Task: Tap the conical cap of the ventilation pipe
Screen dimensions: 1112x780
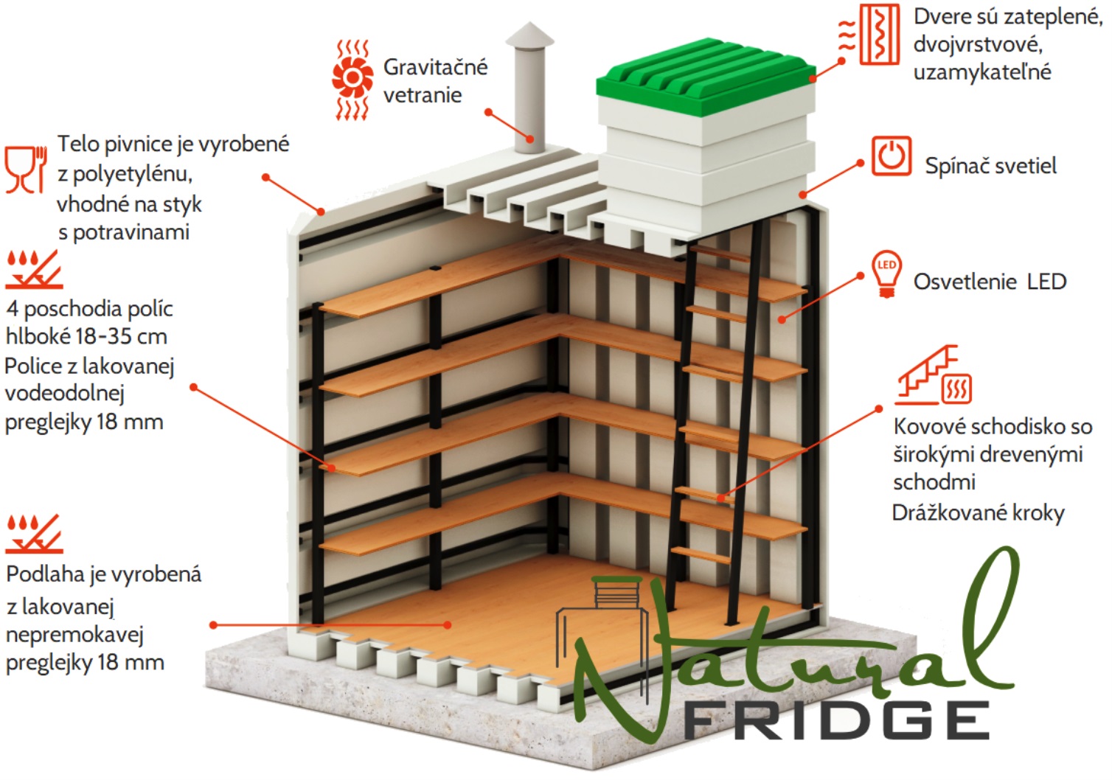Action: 529,35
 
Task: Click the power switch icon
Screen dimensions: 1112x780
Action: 892,156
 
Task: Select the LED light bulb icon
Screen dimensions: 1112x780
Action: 886,274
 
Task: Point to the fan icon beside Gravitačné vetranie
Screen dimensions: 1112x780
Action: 352,80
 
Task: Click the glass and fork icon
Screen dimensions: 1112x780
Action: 26,170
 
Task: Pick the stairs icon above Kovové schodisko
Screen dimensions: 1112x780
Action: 934,375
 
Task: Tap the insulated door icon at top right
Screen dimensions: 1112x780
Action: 869,35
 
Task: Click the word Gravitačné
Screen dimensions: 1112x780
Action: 435,68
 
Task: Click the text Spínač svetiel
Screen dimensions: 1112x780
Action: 991,166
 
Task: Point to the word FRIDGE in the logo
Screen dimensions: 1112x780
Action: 837,721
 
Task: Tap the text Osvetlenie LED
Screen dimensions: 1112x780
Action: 990,282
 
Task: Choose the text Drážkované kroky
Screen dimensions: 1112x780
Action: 979,512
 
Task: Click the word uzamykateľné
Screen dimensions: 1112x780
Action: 982,72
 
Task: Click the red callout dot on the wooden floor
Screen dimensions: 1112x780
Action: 447,625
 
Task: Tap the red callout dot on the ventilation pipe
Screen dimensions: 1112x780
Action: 529,139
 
